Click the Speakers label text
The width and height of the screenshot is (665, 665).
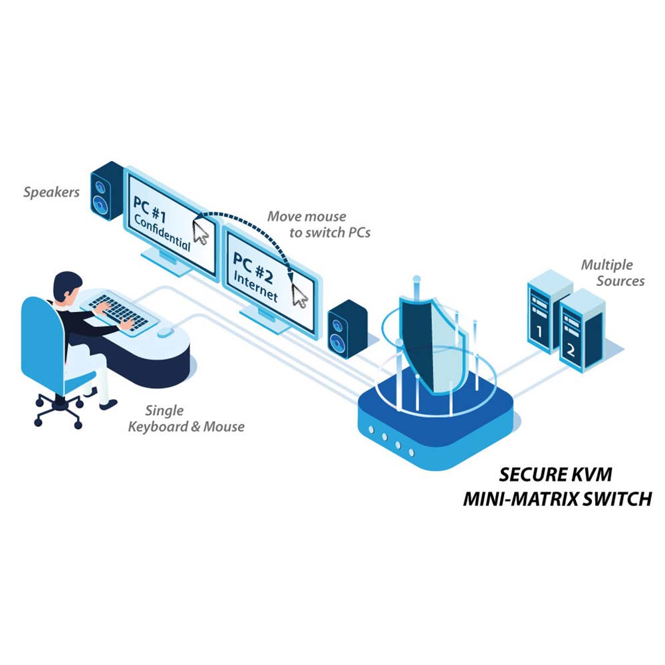(x=51, y=193)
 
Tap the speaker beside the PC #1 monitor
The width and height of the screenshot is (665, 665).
(x=107, y=192)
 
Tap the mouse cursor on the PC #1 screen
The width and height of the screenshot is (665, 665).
(x=201, y=232)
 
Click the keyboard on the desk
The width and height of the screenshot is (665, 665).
(x=116, y=311)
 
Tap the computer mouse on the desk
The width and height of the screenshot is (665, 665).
(x=164, y=331)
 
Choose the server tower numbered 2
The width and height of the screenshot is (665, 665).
(x=580, y=330)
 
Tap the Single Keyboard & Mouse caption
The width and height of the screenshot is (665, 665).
(x=186, y=419)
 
